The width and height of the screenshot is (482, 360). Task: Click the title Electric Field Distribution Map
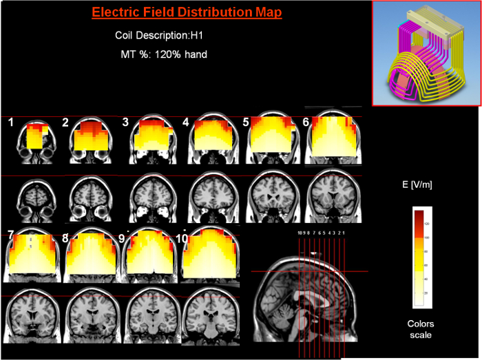186,13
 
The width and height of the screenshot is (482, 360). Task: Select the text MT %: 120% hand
164,54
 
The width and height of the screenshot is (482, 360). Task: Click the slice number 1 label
11,122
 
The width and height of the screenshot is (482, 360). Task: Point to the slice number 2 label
65,123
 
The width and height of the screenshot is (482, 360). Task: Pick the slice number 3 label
126,123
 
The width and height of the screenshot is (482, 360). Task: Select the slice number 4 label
186,123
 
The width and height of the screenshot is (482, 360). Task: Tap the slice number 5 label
246,123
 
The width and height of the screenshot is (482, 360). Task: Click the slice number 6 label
306,122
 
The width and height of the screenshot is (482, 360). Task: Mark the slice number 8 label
65,238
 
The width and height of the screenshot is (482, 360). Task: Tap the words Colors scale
421,329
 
